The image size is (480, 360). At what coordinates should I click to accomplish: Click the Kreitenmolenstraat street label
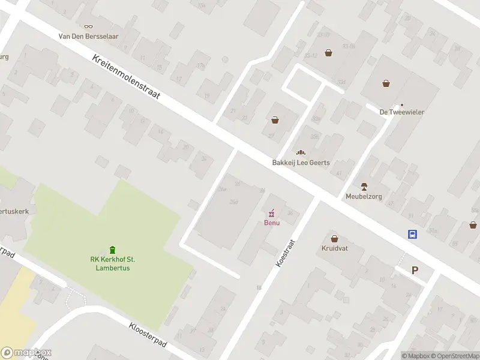(x=126, y=78)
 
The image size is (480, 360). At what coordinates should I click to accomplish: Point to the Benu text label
(x=272, y=223)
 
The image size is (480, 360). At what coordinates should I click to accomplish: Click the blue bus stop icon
(x=413, y=235)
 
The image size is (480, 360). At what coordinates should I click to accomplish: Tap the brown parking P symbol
(x=415, y=270)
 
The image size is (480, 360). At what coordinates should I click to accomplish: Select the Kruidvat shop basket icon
(x=334, y=238)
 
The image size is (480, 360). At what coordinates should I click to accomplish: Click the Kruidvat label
(x=334, y=248)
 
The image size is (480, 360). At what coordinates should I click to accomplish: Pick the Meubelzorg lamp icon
(x=364, y=187)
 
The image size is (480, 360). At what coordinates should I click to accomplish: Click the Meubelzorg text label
(x=364, y=196)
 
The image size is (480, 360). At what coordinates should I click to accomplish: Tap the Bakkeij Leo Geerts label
(x=301, y=163)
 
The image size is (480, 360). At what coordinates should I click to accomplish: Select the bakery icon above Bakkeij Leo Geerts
(x=301, y=153)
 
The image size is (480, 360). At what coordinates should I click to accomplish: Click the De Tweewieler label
(x=402, y=112)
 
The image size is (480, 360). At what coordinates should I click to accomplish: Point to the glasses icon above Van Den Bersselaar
(x=89, y=26)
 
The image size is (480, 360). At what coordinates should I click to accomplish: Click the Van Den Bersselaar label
(x=89, y=35)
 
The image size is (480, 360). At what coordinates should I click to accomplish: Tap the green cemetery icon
(x=112, y=250)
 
